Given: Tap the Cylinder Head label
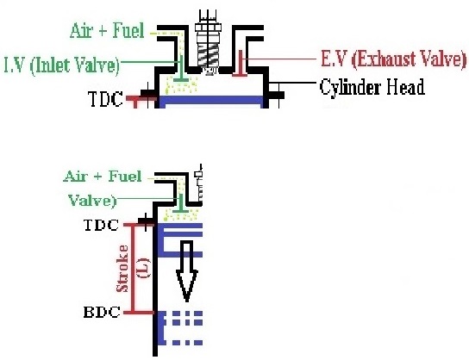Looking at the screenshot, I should (x=372, y=89).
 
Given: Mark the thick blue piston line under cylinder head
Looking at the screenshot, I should (x=211, y=102).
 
